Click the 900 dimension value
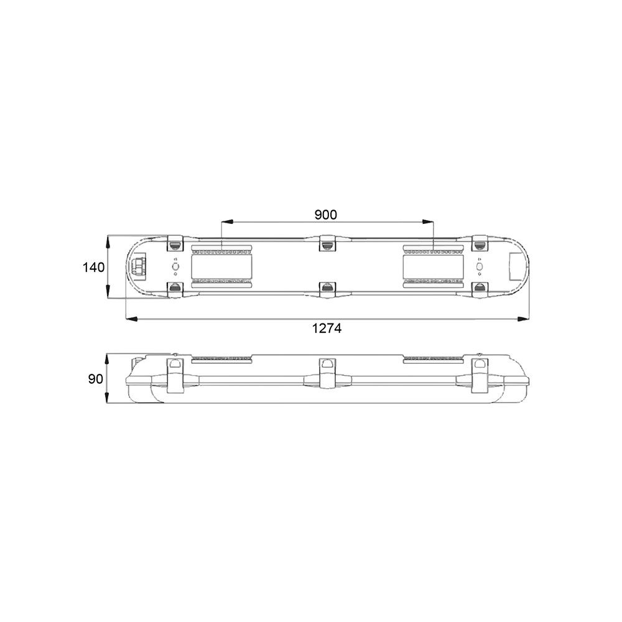326,215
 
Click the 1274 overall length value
327,328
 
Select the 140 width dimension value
94,267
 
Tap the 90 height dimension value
96,379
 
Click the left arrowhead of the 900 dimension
227,222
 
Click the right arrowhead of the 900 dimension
428,222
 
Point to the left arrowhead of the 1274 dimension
131,319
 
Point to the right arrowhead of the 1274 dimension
523,319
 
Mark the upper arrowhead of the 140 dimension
108,241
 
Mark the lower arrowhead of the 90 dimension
107,397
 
